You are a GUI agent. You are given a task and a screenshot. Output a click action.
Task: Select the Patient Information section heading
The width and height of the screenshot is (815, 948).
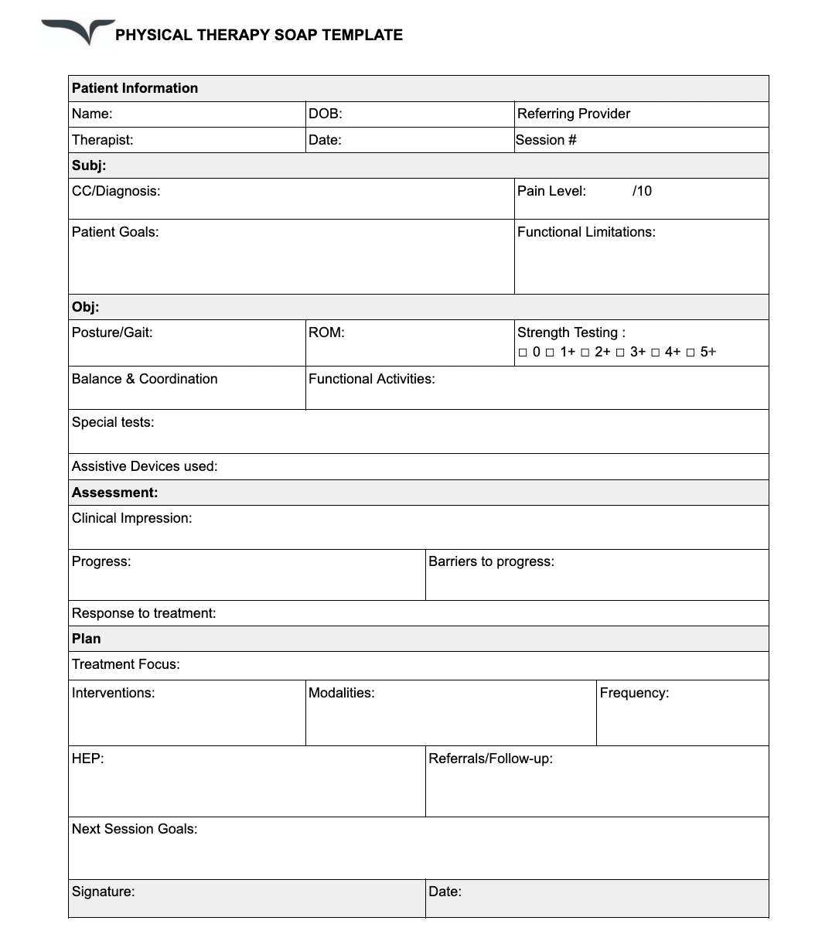(135, 88)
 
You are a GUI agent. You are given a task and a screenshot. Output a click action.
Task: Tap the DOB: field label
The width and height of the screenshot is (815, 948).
(325, 114)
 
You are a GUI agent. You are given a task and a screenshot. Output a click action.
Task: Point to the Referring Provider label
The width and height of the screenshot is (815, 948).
(573, 114)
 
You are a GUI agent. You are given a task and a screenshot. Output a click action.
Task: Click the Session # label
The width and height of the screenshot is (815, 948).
(546, 140)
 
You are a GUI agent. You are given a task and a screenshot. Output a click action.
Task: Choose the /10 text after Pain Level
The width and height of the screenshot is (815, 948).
(642, 191)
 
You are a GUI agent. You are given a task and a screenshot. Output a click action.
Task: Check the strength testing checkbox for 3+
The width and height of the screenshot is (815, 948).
(620, 353)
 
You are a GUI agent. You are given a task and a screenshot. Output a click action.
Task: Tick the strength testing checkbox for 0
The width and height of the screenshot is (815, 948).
(523, 353)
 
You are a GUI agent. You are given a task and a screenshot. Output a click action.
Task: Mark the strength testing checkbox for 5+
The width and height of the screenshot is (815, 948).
(691, 353)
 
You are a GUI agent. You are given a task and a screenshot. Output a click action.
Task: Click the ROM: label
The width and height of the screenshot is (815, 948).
(326, 332)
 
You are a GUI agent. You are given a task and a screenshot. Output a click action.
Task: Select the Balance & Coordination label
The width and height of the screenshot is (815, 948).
(145, 379)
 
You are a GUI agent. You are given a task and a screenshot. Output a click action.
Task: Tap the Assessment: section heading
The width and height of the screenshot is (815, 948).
(114, 493)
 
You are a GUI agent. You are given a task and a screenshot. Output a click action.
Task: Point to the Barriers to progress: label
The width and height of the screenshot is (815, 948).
(491, 561)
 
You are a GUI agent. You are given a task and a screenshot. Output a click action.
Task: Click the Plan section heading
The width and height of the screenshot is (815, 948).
(86, 639)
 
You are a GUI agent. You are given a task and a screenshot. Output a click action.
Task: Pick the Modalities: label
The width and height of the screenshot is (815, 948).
(341, 693)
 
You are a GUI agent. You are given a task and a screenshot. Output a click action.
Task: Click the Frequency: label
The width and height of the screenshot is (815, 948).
(634, 693)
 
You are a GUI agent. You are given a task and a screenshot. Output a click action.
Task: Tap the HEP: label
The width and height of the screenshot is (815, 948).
(87, 759)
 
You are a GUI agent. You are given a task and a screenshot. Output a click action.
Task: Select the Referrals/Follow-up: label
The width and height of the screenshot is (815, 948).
(490, 759)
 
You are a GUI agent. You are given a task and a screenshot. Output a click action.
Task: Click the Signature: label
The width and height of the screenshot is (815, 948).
(103, 892)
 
